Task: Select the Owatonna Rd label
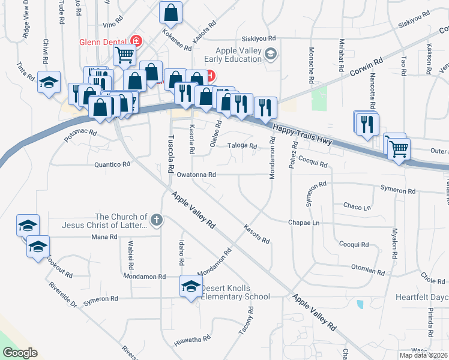[196, 175]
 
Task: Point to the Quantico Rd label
[112, 164]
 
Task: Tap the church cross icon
[157, 220]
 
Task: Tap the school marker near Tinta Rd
[49, 82]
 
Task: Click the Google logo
[20, 353]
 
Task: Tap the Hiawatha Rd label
[192, 338]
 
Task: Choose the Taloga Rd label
[243, 146]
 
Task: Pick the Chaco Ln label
[357, 206]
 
